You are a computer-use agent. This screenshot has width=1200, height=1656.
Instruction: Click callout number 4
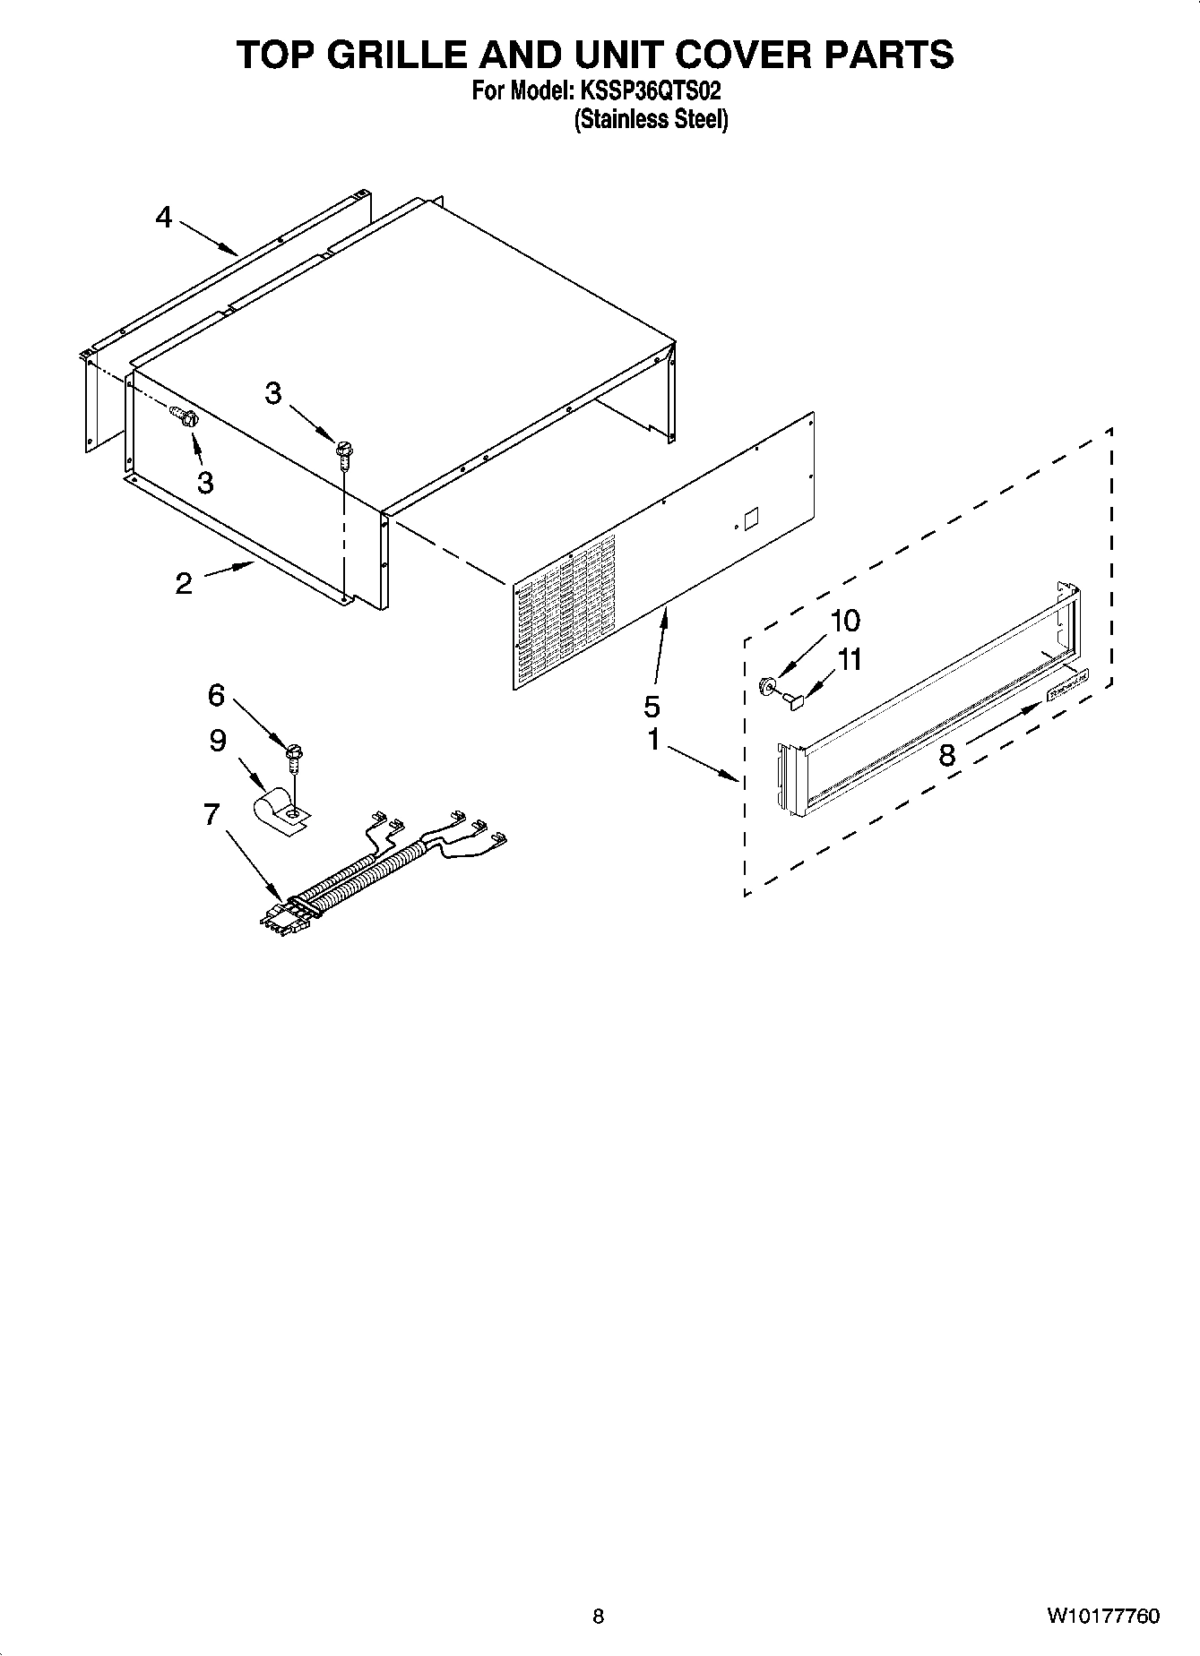163,217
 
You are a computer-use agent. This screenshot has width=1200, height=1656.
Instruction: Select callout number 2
184,584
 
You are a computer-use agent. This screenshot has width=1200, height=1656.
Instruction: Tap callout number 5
652,707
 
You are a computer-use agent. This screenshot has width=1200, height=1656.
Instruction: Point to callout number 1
653,740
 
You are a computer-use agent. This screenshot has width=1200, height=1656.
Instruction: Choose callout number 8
946,755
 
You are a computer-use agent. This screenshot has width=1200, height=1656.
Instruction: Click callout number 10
845,621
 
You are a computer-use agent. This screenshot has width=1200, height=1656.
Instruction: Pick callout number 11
849,660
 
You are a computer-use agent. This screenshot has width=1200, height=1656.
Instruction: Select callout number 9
218,741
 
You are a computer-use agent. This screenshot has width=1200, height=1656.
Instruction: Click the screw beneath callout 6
294,757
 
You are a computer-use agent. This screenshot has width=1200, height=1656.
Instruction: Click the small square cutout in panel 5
751,519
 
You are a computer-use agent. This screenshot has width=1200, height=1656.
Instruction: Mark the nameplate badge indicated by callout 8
1068,683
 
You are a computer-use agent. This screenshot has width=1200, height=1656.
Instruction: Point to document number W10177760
1101,1617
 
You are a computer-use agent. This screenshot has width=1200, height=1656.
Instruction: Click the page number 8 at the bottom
598,1617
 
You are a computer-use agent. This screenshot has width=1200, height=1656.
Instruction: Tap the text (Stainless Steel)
651,120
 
